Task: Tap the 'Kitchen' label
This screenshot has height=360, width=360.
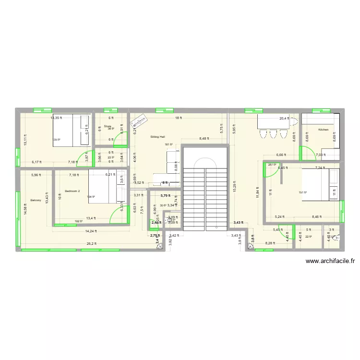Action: click(x=323, y=130)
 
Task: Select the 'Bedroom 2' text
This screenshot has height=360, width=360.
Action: click(x=72, y=191)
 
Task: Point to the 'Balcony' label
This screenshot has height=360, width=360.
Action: click(x=36, y=200)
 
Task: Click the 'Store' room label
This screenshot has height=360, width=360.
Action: click(x=108, y=126)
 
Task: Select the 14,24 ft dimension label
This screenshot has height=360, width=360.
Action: click(x=91, y=231)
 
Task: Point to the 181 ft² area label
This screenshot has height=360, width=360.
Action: click(x=168, y=144)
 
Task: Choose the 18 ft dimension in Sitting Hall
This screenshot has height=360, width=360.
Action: click(x=177, y=118)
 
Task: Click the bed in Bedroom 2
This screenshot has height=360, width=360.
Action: click(x=108, y=187)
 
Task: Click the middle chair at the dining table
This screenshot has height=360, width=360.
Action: click(x=273, y=134)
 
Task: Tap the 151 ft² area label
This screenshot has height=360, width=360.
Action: click(x=302, y=193)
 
